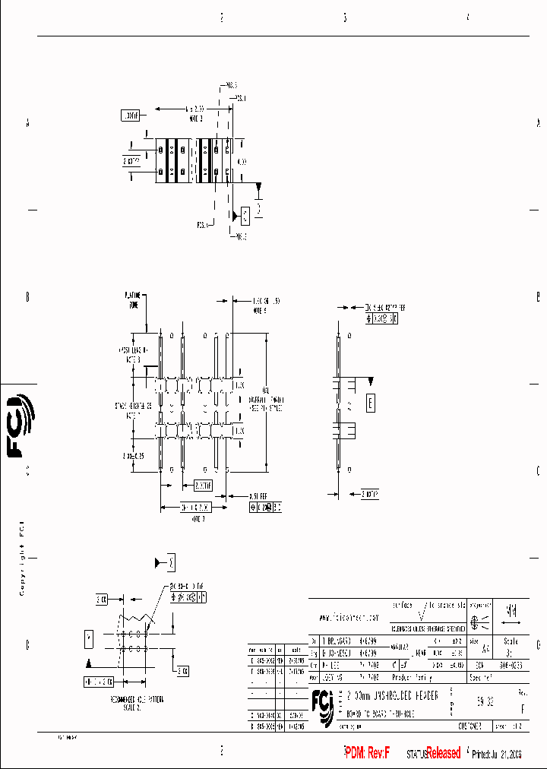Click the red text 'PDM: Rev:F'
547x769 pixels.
tap(367, 753)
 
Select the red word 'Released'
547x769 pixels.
tap(443, 753)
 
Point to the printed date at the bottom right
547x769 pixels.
tap(498, 755)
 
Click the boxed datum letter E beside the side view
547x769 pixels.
tap(370, 403)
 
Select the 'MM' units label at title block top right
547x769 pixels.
tap(511, 610)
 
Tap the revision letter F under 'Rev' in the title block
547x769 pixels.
tap(521, 707)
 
